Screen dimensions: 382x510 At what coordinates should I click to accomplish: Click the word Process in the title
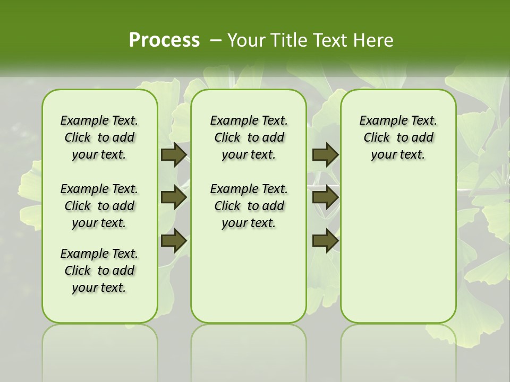coord(164,40)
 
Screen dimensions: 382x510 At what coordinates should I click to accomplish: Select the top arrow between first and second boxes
coord(174,155)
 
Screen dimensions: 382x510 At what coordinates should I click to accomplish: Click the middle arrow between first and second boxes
coord(174,198)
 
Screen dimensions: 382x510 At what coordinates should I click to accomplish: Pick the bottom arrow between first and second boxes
coord(174,241)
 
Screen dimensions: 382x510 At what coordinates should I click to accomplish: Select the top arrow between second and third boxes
coord(325,155)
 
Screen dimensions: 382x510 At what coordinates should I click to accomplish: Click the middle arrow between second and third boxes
coord(325,198)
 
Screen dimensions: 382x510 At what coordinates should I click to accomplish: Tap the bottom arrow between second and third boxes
coord(325,241)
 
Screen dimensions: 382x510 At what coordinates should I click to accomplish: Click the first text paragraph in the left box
coord(99,137)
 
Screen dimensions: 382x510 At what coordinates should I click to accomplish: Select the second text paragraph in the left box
coord(99,206)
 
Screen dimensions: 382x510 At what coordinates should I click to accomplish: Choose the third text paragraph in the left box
coord(99,271)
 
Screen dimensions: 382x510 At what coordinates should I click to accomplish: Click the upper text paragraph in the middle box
coord(249,137)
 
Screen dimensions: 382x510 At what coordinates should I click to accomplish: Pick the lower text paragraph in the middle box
coord(249,206)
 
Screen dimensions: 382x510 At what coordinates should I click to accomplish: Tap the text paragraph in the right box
coord(398,137)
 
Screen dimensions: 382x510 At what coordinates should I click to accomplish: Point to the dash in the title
coord(216,40)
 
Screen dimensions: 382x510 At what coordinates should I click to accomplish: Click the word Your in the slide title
coord(243,40)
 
